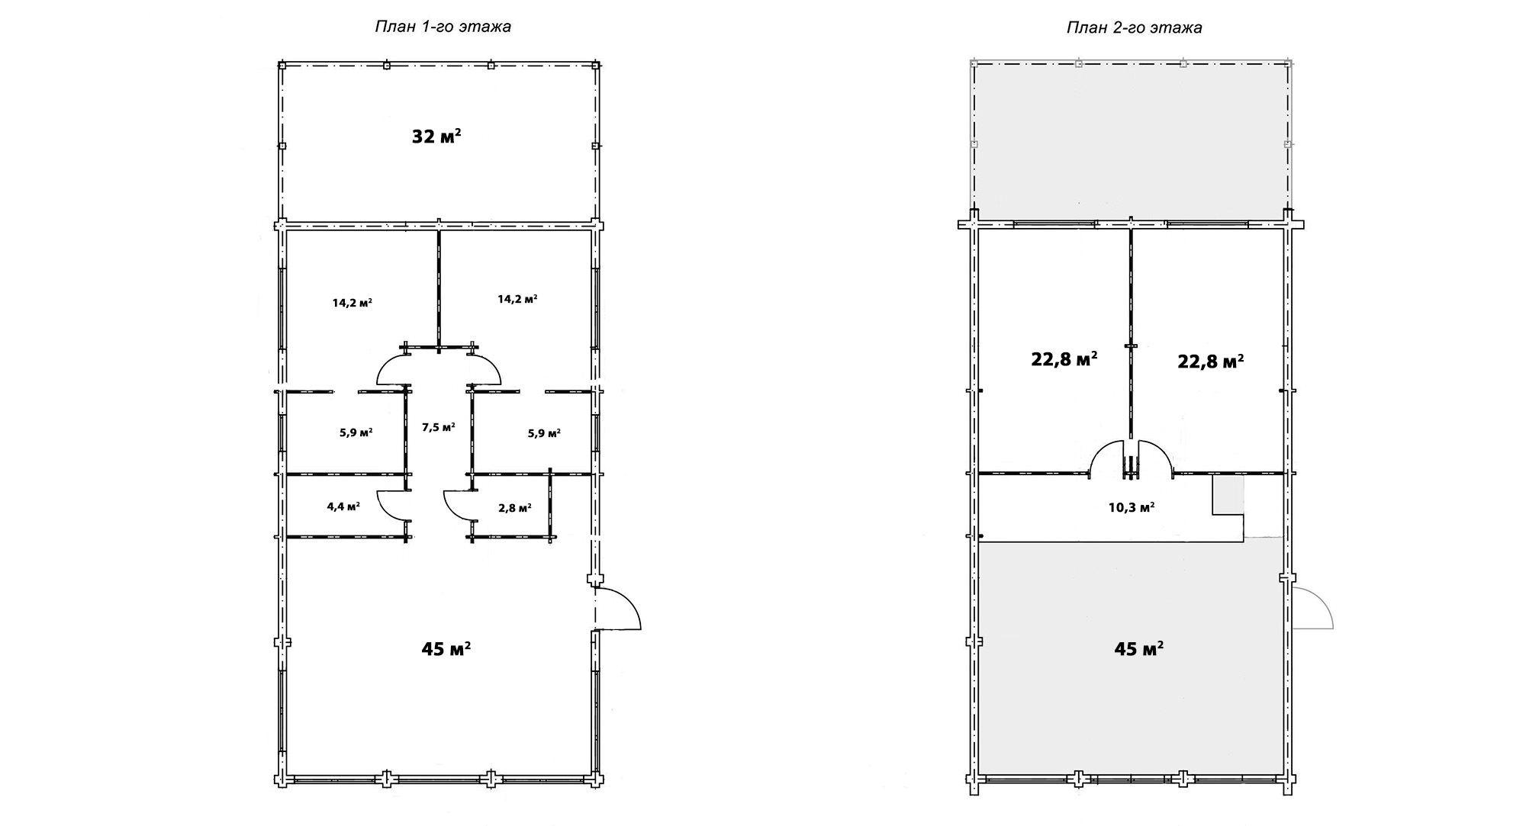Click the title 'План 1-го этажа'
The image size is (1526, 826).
click(x=443, y=27)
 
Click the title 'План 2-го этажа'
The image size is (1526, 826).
click(x=1135, y=28)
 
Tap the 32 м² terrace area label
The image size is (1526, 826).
click(x=436, y=137)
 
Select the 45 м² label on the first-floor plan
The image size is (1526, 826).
click(x=446, y=649)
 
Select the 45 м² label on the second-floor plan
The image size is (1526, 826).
click(x=1138, y=649)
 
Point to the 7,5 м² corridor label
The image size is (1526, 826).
click(x=439, y=427)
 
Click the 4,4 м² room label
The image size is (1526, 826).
click(x=343, y=506)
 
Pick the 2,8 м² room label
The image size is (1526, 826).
click(x=514, y=508)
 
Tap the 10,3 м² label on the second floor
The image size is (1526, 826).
click(x=1131, y=507)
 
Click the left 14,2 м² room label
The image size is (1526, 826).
click(x=352, y=302)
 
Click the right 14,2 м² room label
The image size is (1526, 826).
click(x=517, y=299)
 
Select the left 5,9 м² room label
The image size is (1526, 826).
click(x=356, y=433)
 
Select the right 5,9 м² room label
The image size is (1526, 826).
click(x=544, y=433)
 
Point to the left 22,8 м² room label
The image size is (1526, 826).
click(x=1064, y=359)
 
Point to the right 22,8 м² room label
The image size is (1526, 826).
click(x=1211, y=361)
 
